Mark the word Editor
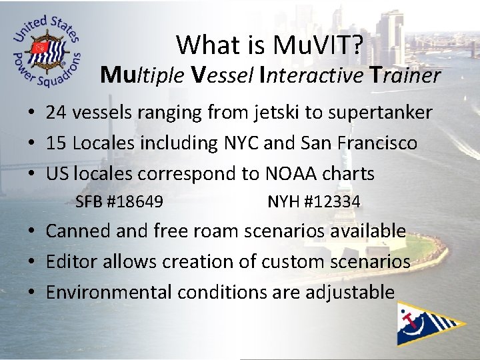[69, 262]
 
